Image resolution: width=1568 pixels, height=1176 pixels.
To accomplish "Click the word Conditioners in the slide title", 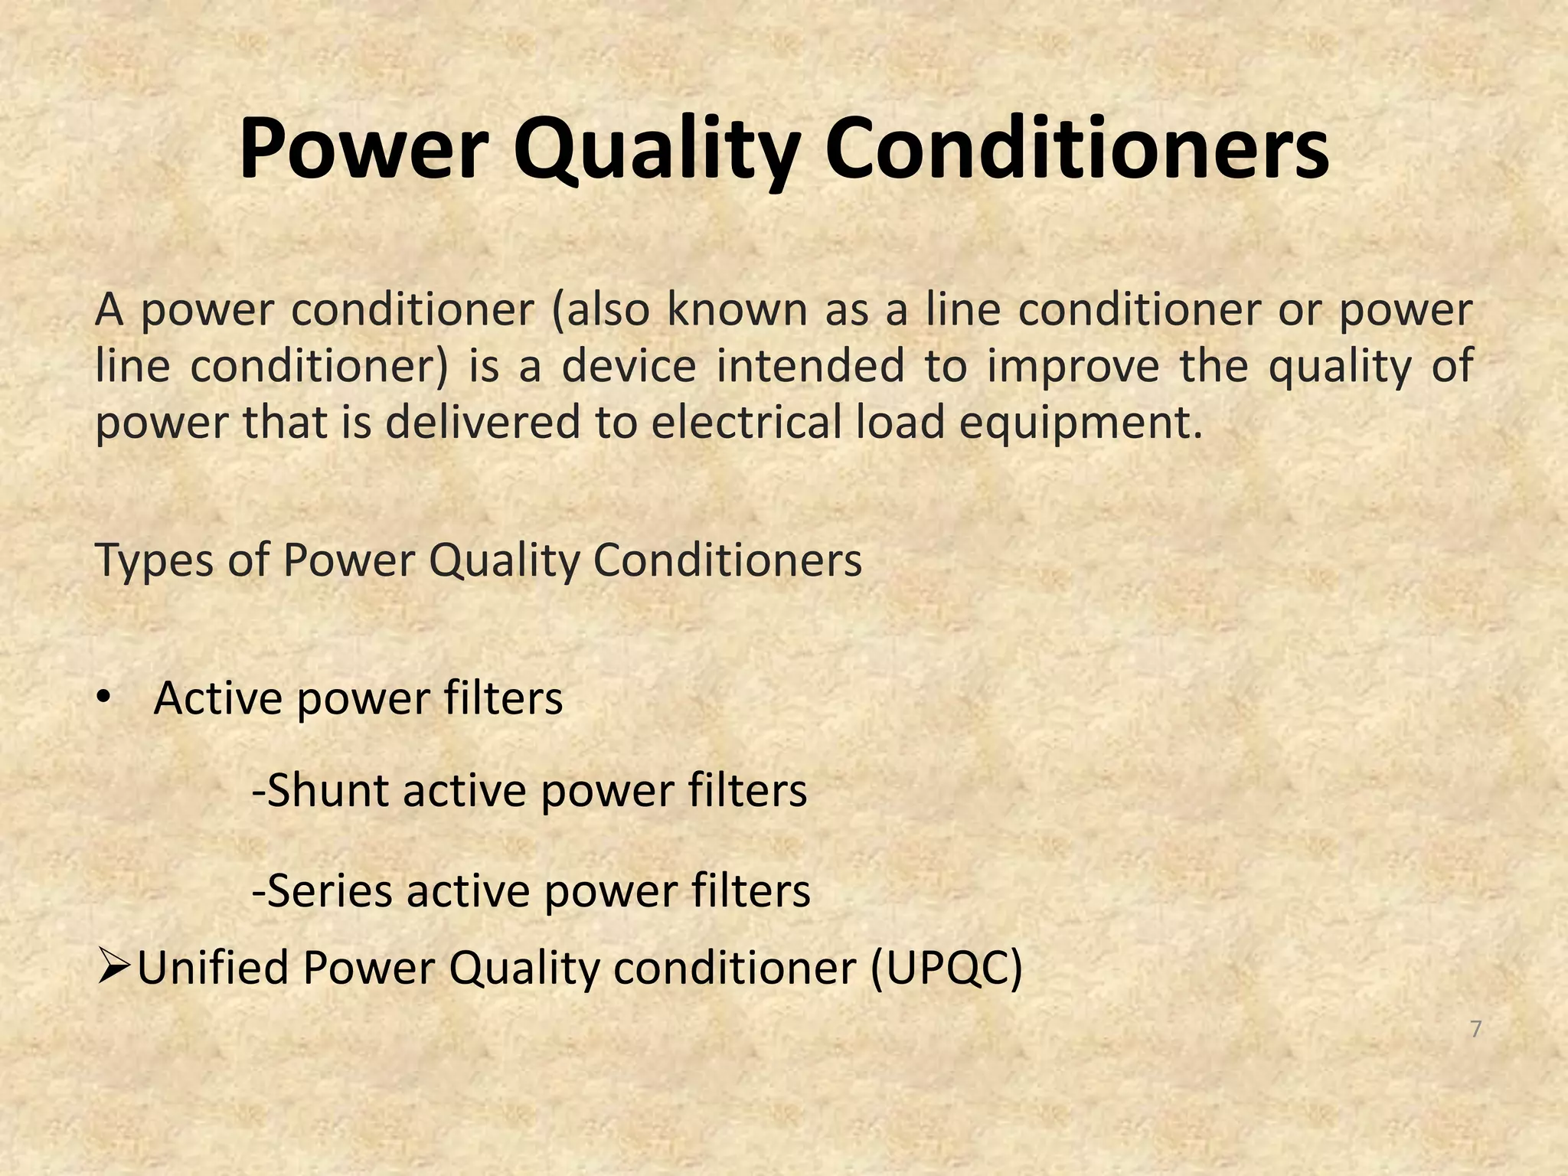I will coord(1076,148).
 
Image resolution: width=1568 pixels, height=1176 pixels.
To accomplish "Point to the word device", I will coord(629,365).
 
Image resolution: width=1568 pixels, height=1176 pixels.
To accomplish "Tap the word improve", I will coord(1073,365).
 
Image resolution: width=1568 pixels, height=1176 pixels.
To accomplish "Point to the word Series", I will coord(331,890).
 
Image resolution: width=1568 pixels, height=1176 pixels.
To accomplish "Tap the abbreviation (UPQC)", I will coord(946,969).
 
